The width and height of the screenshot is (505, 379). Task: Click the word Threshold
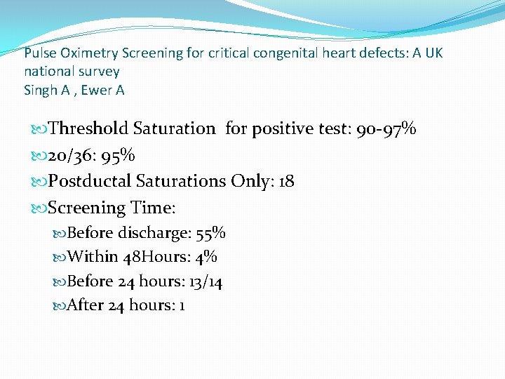88,128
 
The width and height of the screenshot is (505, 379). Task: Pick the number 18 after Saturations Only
286,181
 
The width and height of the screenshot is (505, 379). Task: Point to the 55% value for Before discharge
210,233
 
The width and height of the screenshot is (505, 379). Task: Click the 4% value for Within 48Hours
206,257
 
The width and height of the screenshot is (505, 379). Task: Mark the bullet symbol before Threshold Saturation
39,129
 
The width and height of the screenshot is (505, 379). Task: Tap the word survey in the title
102,71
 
